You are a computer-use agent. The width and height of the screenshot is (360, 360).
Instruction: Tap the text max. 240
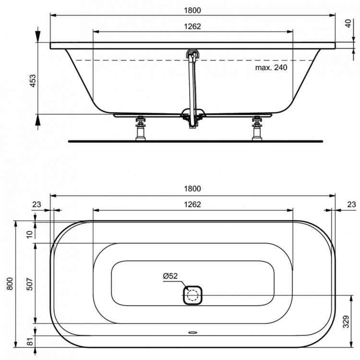[x=271, y=68]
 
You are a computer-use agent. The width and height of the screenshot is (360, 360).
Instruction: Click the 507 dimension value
[x=29, y=283]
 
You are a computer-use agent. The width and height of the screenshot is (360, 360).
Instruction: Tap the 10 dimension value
[x=29, y=234]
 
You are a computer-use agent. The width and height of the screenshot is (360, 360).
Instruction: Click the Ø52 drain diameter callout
[x=170, y=276]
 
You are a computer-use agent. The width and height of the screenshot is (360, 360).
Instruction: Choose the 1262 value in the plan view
[x=192, y=204]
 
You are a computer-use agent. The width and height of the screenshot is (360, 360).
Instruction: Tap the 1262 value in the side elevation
[x=192, y=26]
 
